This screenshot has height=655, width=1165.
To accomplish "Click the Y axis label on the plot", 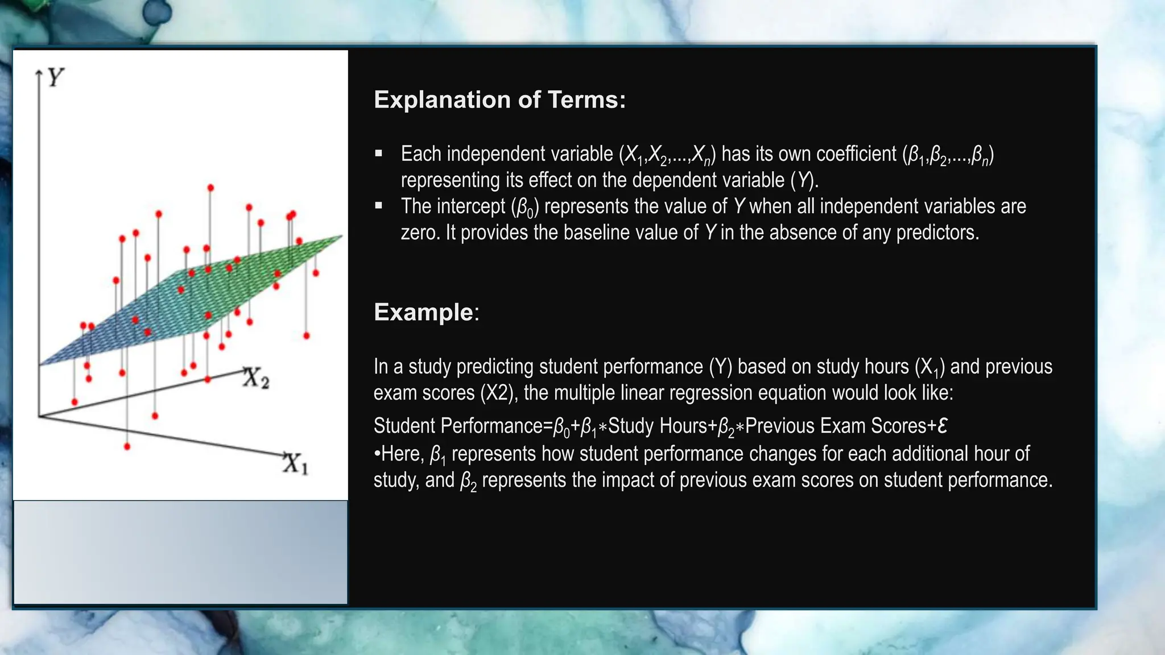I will click(55, 77).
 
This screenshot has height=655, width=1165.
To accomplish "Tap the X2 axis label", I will click(255, 378).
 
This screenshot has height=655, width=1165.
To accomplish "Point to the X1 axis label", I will click(295, 463).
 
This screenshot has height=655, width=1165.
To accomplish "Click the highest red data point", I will click(210, 188).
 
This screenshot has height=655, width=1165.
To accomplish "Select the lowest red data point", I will click(127, 446).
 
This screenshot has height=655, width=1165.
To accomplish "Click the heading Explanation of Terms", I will click(499, 100).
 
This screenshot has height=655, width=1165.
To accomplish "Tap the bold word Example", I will click(423, 312).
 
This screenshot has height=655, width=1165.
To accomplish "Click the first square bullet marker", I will click(379, 153).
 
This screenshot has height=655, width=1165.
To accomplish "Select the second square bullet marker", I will click(379, 205).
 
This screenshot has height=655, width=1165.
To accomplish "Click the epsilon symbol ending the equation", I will click(942, 426).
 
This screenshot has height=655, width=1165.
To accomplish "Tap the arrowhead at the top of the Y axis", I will click(39, 72).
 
